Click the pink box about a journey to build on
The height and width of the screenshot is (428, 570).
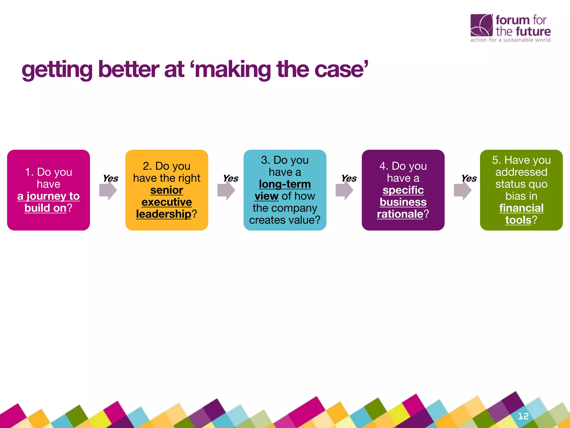click(x=48, y=190)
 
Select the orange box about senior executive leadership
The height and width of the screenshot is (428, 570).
click(x=167, y=190)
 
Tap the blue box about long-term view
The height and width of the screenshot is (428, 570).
click(x=285, y=190)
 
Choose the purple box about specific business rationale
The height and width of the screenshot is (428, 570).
click(x=403, y=190)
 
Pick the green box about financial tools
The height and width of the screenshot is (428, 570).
click(x=521, y=190)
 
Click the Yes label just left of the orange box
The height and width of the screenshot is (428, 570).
click(x=110, y=178)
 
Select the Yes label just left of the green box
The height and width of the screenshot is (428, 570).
click(x=469, y=178)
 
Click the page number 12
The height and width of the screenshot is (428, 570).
click(x=523, y=416)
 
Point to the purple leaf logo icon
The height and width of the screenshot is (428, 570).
click(x=481, y=25)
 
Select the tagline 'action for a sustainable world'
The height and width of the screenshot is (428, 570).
click(x=510, y=40)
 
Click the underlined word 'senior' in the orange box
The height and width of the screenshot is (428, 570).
click(x=167, y=190)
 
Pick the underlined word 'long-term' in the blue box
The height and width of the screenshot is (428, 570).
click(x=285, y=184)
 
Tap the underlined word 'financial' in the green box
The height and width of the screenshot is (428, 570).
click(x=521, y=208)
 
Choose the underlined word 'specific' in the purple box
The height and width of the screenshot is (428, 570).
click(x=403, y=190)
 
